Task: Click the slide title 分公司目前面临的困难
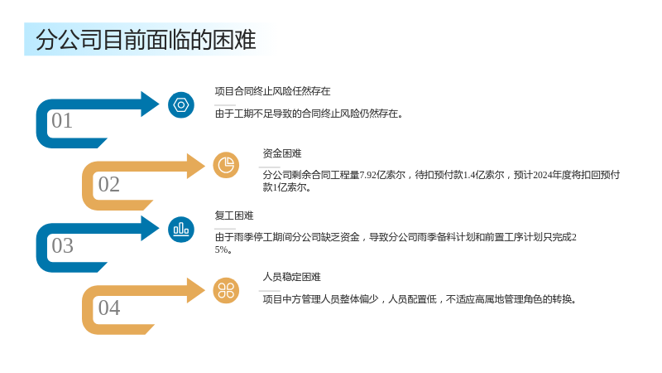tap(146, 40)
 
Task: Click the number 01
tap(62, 120)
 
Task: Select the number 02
tap(109, 184)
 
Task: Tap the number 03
tap(63, 245)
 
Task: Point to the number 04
tap(109, 308)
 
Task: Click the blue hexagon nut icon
tap(181, 105)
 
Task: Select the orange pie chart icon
tap(226, 165)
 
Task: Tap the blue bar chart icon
tap(181, 230)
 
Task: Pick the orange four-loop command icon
tap(226, 291)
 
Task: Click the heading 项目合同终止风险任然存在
tap(272, 91)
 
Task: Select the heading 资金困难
tap(282, 153)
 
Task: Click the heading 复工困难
tap(234, 216)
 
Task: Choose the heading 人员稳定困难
tap(292, 277)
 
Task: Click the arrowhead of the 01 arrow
tap(150, 104)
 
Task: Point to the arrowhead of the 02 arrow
tap(196, 166)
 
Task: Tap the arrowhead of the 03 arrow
tap(150, 229)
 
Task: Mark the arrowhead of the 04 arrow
tap(196, 291)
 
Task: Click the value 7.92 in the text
tap(367, 175)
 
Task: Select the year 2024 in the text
tap(543, 175)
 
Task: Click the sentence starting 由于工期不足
tap(309, 114)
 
